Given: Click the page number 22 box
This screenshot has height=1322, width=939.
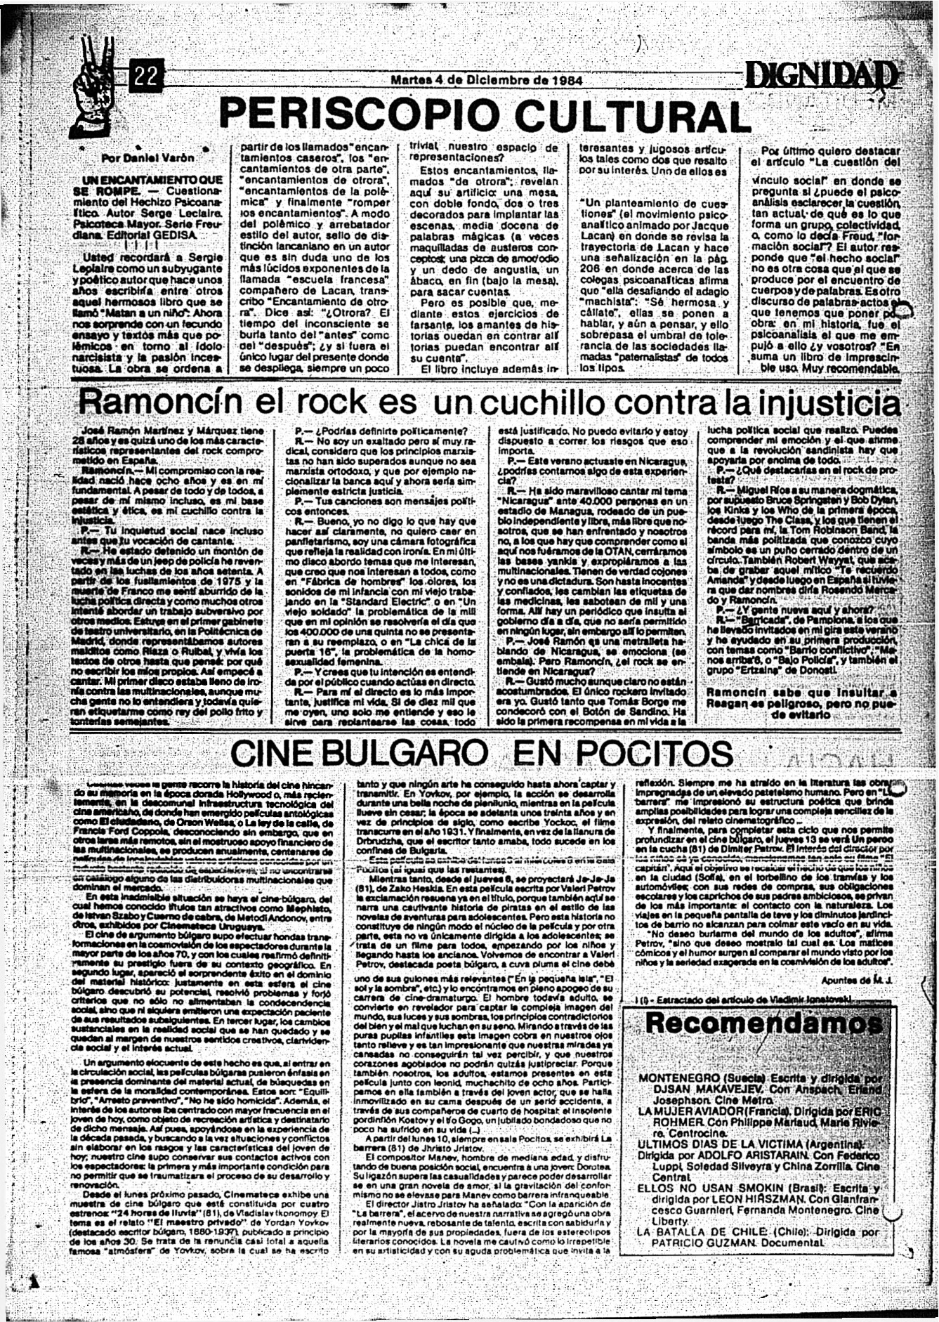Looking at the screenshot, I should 147,75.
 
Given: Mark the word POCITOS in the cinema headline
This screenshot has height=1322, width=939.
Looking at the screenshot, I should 622,754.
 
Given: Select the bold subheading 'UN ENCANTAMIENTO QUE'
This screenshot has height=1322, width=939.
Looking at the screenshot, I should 152,180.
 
